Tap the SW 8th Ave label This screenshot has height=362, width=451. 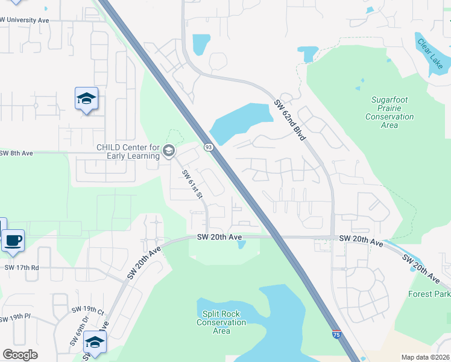coord(16,153)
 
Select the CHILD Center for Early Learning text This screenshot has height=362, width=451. coord(128,151)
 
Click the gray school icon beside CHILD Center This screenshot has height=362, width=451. coord(169,151)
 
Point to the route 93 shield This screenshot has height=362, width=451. coord(209,147)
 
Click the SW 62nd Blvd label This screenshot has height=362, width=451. coord(291,121)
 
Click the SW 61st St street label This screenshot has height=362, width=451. coord(191,184)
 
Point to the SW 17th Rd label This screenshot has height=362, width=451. coord(22,267)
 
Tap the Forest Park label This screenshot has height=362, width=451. coord(429,294)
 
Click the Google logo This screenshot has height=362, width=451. coord(20,355)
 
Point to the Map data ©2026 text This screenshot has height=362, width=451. coord(424,357)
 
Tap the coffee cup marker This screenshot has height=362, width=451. coord(13,241)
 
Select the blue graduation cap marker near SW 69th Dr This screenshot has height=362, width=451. coord(95,341)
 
